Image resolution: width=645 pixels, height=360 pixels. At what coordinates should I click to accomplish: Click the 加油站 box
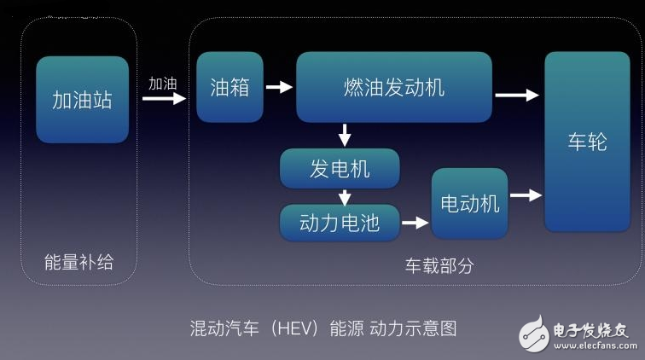click(x=82, y=99)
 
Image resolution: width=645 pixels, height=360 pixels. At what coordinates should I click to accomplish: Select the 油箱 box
click(x=230, y=87)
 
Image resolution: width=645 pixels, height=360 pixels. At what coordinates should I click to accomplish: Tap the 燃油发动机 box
click(x=393, y=87)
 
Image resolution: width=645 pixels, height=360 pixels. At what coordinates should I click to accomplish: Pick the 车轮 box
click(x=587, y=142)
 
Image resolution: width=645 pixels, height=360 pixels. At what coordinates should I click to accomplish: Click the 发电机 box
click(x=340, y=168)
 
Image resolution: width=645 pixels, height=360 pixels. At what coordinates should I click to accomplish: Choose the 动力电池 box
click(x=339, y=223)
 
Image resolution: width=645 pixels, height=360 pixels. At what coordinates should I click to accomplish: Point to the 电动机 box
click(x=469, y=203)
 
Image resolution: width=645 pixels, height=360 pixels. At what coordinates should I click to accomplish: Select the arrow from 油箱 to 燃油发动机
click(x=279, y=87)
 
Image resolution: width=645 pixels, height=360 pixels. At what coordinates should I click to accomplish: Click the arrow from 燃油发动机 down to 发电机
click(x=345, y=135)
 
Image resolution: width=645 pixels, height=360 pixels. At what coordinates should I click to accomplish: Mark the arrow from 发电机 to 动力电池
click(x=345, y=197)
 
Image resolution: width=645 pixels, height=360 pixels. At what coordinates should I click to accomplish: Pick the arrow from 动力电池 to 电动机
click(x=415, y=224)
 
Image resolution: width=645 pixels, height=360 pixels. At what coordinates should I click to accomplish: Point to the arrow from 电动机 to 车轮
click(x=526, y=195)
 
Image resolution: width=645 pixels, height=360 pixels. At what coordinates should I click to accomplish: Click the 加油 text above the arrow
click(x=163, y=84)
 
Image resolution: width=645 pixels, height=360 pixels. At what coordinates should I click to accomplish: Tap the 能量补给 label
click(x=78, y=263)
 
